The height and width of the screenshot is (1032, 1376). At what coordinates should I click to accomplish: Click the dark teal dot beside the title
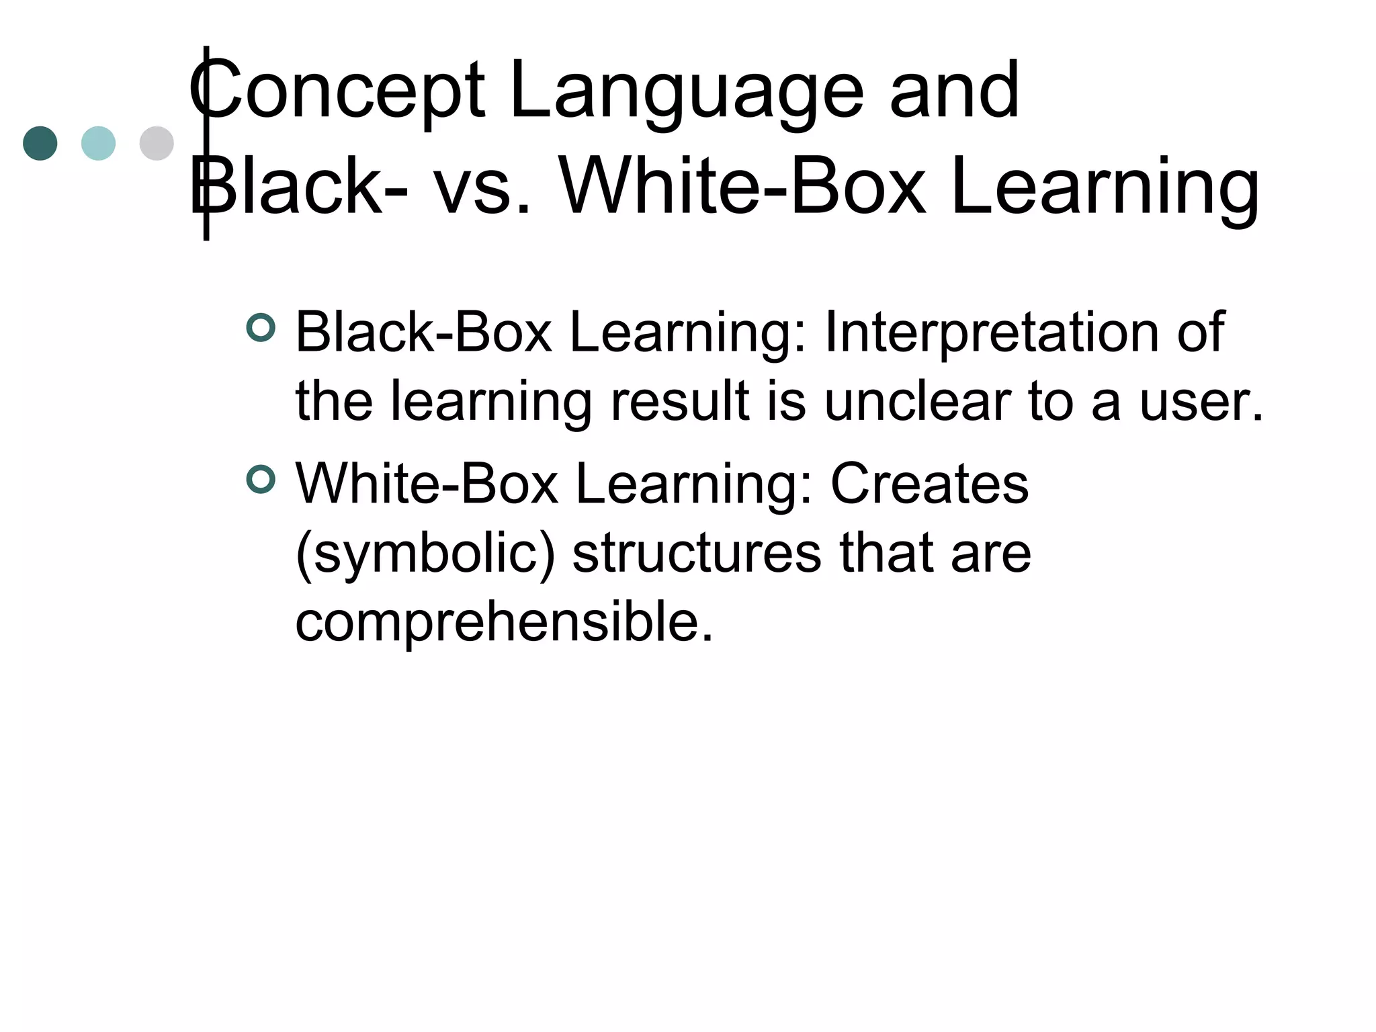[40, 143]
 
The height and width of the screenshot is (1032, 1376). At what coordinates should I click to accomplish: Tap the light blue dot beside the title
[98, 143]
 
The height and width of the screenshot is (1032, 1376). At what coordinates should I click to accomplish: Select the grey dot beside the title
[157, 143]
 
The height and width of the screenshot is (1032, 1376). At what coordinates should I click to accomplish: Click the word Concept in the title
[336, 91]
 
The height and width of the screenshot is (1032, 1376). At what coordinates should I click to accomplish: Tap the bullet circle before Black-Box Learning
[261, 328]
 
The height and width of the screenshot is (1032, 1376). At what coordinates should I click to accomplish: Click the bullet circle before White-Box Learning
[261, 480]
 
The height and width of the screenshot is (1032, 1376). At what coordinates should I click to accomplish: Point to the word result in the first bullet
[679, 402]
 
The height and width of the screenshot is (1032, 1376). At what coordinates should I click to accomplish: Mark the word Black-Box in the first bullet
[423, 332]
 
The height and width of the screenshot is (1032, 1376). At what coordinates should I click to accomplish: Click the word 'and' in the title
[954, 91]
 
